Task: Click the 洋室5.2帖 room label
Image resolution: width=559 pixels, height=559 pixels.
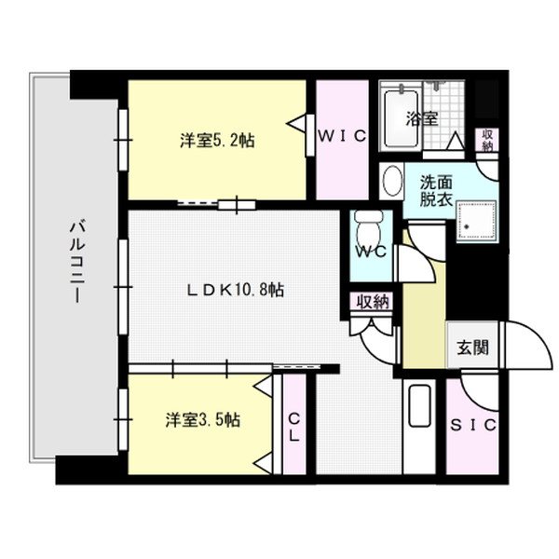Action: point(217,142)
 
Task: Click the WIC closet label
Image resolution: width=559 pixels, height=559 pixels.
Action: point(341,136)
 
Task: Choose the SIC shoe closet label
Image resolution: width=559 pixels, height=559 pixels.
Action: point(473,425)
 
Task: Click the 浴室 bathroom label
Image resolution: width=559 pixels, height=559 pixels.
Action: point(422,119)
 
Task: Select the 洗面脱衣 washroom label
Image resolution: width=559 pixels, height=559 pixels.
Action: point(436,190)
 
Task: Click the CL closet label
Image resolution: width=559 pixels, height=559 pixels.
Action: point(293,427)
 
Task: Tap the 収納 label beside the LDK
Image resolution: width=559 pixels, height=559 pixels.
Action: point(372,302)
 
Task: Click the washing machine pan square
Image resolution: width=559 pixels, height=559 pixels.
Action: point(474,220)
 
